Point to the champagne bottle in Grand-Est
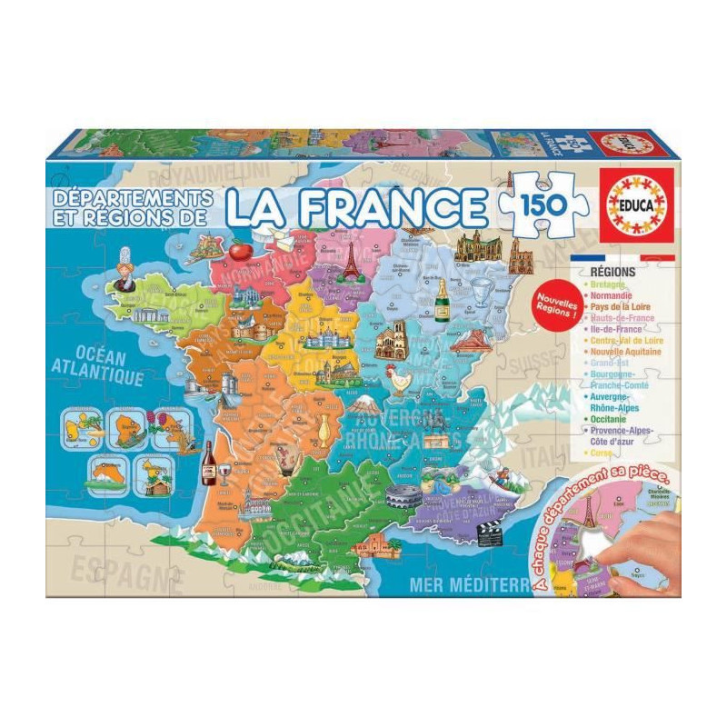[443, 300]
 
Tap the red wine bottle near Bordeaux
[208, 463]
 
